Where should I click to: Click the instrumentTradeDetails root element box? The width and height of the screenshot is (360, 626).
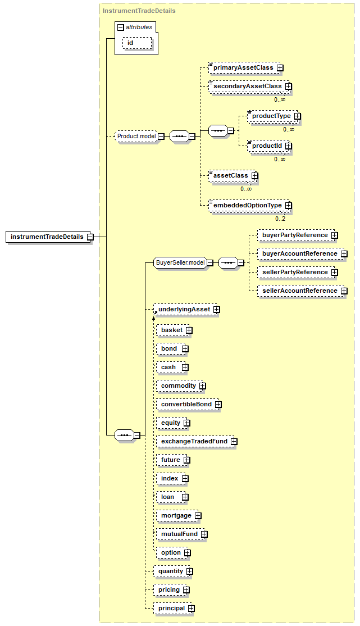49,237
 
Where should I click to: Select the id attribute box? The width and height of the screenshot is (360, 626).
137,43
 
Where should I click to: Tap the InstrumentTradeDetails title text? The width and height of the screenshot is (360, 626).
139,11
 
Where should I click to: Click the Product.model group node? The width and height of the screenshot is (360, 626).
139,136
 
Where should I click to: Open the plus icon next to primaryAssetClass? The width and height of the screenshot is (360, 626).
280,68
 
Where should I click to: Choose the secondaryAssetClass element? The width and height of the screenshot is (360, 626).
250,86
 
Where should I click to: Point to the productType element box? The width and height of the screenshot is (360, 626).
274,116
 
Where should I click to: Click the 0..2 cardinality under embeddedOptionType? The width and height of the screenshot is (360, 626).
280,219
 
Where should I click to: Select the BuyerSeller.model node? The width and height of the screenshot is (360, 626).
183,262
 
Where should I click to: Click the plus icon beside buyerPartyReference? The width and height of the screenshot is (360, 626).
335,235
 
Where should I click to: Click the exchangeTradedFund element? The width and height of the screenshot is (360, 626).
197,441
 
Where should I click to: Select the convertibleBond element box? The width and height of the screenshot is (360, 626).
189,405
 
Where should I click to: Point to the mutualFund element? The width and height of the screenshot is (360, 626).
182,534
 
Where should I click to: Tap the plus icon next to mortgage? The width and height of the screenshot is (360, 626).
198,516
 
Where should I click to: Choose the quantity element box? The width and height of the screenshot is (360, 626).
173,571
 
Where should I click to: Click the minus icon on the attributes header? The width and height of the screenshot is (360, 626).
121,28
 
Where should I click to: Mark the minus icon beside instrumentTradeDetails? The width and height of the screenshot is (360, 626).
90,237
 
